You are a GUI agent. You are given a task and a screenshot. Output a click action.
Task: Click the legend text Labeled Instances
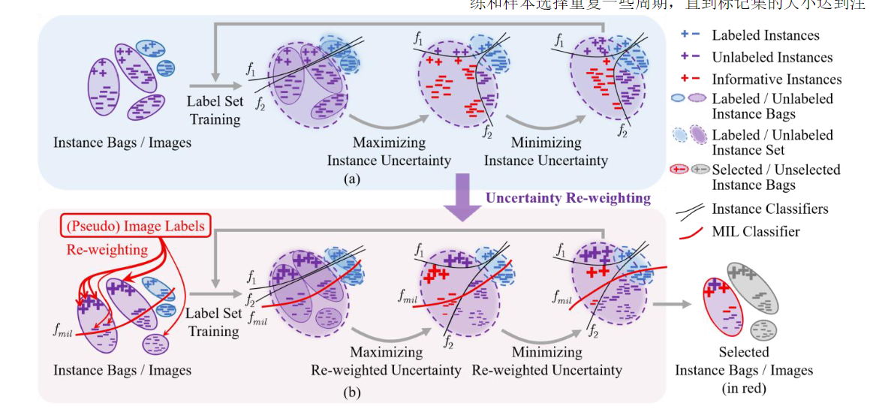point(766,35)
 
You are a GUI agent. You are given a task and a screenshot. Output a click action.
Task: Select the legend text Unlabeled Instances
point(772,57)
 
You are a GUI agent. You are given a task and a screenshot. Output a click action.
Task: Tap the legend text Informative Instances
point(776,79)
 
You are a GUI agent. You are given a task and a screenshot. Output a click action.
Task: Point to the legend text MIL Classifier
point(755,231)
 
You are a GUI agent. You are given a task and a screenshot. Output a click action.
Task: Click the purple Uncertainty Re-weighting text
point(567,198)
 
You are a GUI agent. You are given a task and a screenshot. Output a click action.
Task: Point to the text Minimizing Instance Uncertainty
point(546,151)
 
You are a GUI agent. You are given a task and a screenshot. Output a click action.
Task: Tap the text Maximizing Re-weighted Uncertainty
point(386,361)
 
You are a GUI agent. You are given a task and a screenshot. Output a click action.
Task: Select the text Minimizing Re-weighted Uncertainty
point(546,361)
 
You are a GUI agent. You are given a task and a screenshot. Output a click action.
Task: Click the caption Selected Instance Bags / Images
point(744,369)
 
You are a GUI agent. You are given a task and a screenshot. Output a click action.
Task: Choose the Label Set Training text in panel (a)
point(215,110)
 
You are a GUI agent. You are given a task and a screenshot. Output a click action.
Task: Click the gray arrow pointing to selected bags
point(673,304)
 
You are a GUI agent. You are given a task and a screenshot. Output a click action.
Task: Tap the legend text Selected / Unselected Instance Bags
point(776,177)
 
